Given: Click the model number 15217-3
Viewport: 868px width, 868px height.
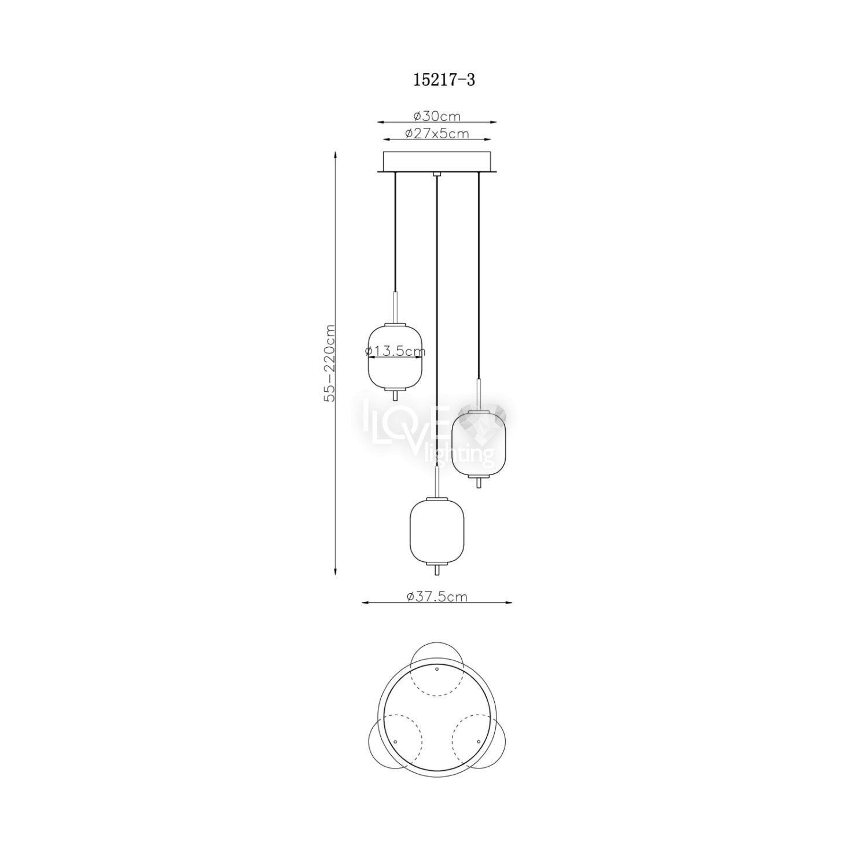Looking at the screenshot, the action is (444, 80).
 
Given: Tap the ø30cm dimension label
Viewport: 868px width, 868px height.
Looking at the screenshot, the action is (437, 116).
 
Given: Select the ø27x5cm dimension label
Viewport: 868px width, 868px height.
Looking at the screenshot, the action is (437, 134).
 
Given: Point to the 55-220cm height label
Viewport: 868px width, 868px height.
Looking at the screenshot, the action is (329, 363).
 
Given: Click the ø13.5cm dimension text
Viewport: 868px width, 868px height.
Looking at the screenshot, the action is (396, 351).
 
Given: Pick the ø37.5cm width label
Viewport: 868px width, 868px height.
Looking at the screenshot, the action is (437, 597).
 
